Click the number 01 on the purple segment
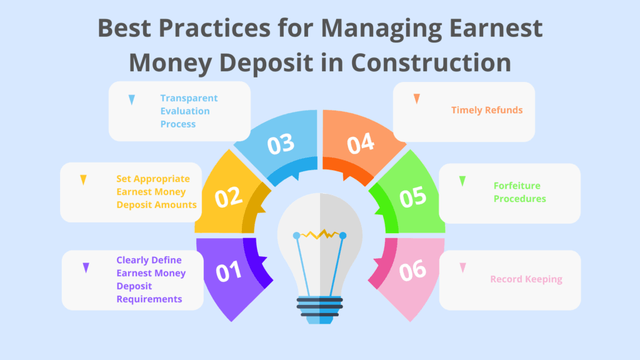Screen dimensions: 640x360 tap(229, 271)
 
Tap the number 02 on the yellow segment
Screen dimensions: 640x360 tap(229, 197)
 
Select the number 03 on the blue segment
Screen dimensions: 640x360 tap(281, 144)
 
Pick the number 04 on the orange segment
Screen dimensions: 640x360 tap(361, 143)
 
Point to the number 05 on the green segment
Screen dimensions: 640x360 tap(412, 197)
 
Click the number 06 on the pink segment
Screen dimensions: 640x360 tap(412, 271)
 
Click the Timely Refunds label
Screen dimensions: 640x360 tap(487, 110)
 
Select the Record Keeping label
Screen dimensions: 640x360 tap(526, 279)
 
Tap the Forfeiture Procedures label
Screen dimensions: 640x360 tap(519, 192)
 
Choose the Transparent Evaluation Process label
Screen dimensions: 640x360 tap(189, 111)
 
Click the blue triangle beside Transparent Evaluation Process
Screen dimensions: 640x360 tap(131, 100)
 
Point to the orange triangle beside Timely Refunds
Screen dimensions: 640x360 tap(416, 99)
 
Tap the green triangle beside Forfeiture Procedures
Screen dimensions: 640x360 tap(462, 181)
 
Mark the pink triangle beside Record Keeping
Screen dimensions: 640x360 tap(462, 267)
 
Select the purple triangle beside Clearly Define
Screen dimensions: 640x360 tap(86, 267)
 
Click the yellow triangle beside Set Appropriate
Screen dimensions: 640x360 tap(83, 180)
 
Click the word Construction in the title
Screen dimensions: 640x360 tap(431, 62)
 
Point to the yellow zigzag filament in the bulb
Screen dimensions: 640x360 tap(320, 234)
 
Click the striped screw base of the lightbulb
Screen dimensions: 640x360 tap(319, 309)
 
